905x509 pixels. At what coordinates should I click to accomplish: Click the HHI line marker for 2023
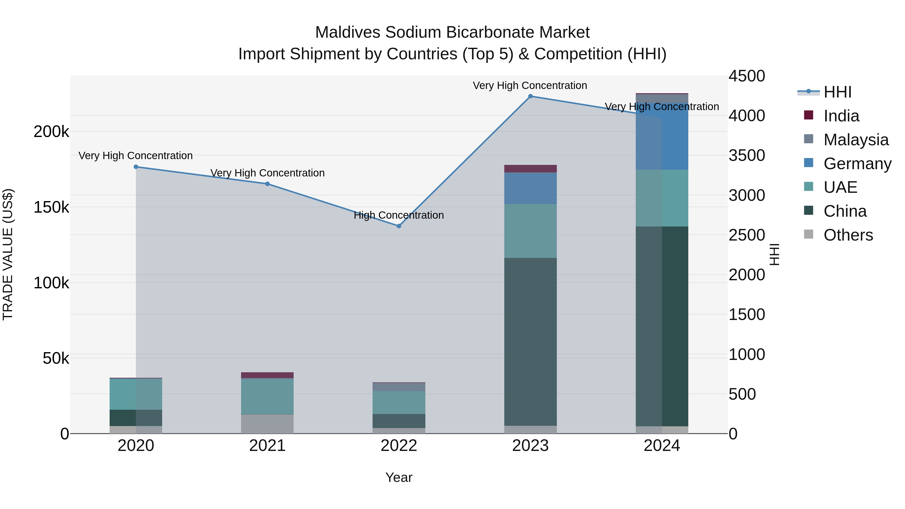coord(530,96)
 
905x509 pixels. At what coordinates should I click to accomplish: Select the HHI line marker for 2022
coord(399,226)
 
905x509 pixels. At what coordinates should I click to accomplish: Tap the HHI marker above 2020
coord(136,167)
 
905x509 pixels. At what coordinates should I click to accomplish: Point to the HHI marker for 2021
coord(267,184)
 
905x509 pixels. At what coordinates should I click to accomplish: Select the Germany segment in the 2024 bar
coord(662,137)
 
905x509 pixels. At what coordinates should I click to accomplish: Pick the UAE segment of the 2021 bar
coord(267,397)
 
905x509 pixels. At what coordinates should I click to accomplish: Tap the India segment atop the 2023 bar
coord(530,169)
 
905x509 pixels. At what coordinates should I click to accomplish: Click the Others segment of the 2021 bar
coord(267,424)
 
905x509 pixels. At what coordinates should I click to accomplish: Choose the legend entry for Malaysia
coord(855,140)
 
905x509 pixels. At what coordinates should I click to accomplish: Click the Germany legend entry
coord(857,164)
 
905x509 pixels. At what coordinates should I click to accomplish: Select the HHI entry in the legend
coord(837,92)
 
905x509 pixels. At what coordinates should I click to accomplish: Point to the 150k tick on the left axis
coord(51,207)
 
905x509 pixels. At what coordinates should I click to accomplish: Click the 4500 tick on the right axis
coord(747,76)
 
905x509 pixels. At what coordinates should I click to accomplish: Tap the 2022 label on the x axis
coord(399,446)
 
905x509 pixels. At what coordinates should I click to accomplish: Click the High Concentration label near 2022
coord(399,215)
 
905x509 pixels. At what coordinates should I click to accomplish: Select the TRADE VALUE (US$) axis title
coord(8,254)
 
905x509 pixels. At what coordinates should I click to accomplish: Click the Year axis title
coord(399,477)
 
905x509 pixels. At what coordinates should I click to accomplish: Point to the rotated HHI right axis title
coord(774,254)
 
